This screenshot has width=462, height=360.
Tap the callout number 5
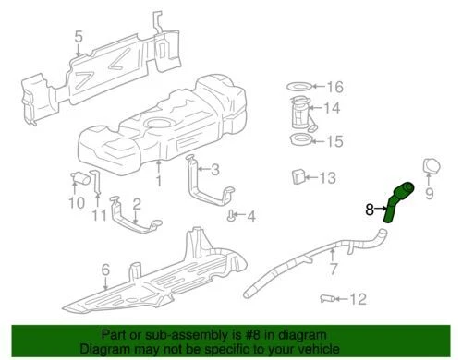tap(79, 37)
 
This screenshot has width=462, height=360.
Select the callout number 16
tap(334, 87)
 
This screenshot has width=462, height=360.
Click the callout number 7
tap(334, 269)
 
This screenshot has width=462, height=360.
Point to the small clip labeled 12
tap(329, 298)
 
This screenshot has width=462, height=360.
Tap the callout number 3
tap(214, 169)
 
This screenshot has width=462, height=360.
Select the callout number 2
tap(137, 202)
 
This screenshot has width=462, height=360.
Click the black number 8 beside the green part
tap(371, 210)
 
